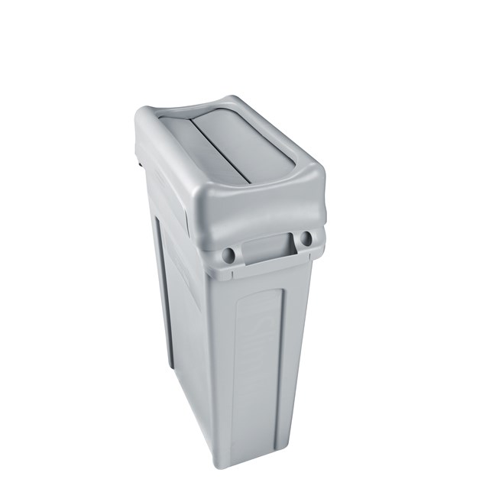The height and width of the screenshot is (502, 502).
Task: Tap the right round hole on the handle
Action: (306, 238)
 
